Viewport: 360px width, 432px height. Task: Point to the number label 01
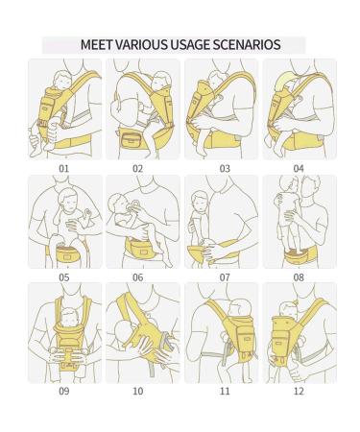[x=64, y=169]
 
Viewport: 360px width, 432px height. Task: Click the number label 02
[x=138, y=169]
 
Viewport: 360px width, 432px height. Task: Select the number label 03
[x=225, y=169]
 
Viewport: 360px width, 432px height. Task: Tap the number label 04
[x=299, y=169]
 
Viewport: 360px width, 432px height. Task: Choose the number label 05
[x=64, y=277]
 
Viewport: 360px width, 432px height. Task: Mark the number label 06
[x=138, y=277]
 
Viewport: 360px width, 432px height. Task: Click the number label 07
[x=225, y=277]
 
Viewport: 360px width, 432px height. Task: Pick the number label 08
[x=299, y=277]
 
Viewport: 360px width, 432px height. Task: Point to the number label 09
[x=64, y=391]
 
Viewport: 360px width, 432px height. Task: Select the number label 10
[x=138, y=391]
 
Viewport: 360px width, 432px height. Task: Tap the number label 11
[x=225, y=391]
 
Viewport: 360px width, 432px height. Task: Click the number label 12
[x=299, y=391]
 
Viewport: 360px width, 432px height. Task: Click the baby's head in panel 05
[x=68, y=199]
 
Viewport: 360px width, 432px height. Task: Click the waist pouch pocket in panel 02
[x=132, y=140]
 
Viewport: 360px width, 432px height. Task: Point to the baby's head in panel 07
[x=200, y=202]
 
